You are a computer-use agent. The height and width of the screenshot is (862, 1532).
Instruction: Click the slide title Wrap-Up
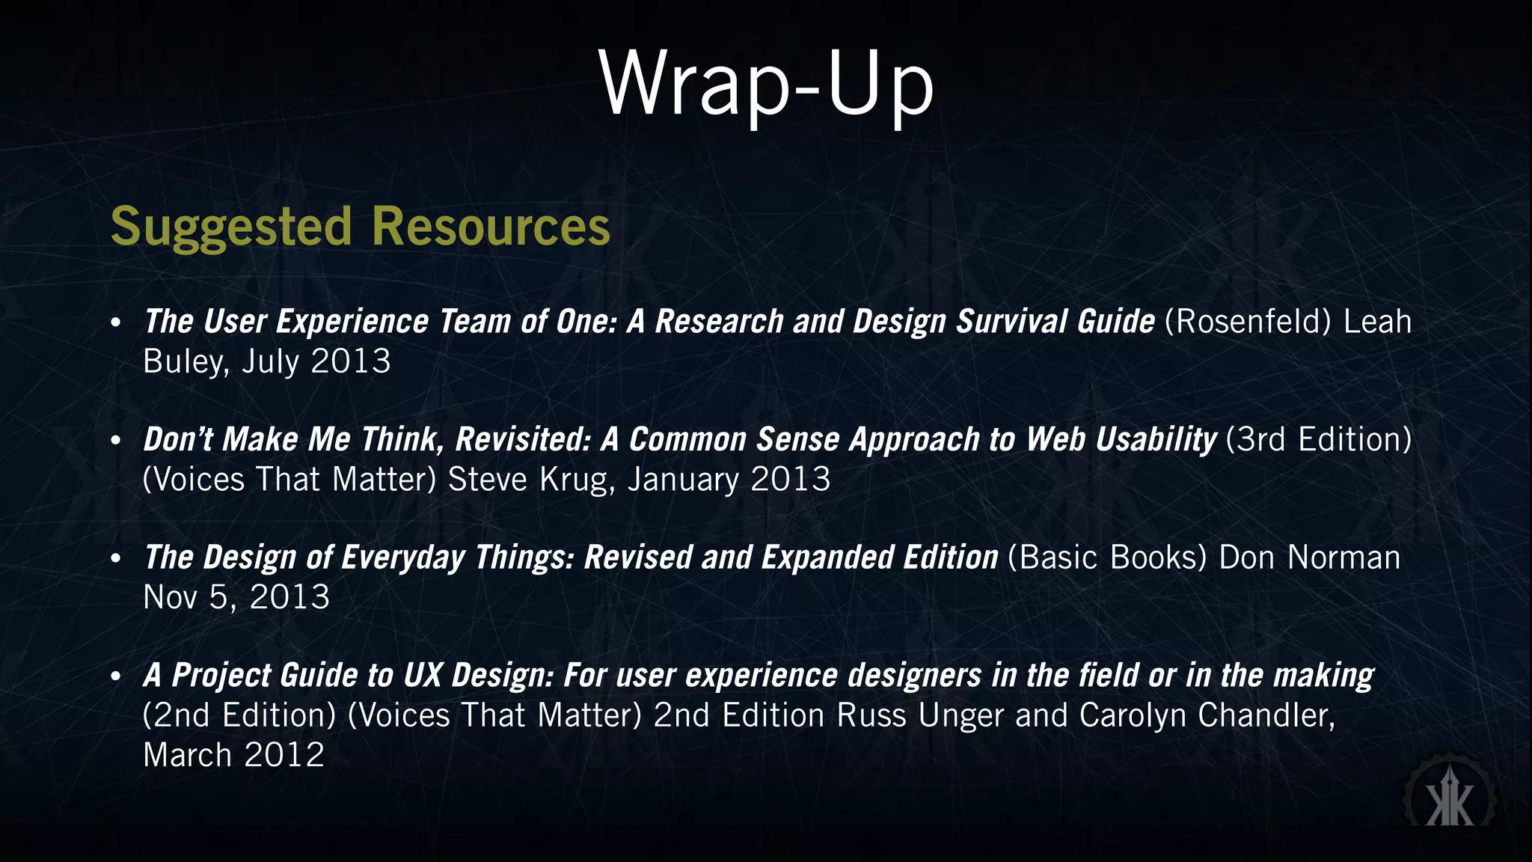tap(766, 84)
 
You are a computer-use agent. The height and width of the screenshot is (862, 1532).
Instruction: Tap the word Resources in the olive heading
tap(491, 227)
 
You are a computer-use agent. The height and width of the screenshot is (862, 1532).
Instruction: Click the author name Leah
tap(1377, 322)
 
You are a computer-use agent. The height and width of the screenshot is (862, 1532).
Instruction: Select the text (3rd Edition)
tap(1318, 440)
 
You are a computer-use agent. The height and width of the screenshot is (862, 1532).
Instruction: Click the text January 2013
tap(729, 480)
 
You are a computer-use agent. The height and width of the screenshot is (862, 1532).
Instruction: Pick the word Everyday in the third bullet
tap(402, 558)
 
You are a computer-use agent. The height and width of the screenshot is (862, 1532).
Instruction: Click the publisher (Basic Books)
tap(1107, 558)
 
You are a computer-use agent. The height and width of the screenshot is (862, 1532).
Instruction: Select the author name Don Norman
tap(1309, 558)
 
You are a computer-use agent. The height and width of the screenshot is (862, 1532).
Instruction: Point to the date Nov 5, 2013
tap(236, 598)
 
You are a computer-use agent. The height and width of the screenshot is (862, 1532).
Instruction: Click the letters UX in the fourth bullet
tap(422, 676)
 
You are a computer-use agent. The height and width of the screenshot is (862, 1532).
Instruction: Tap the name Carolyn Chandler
tap(1206, 715)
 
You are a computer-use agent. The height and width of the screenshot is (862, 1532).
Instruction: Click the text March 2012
tap(233, 755)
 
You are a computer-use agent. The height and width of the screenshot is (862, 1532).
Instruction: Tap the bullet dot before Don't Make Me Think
tap(115, 441)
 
